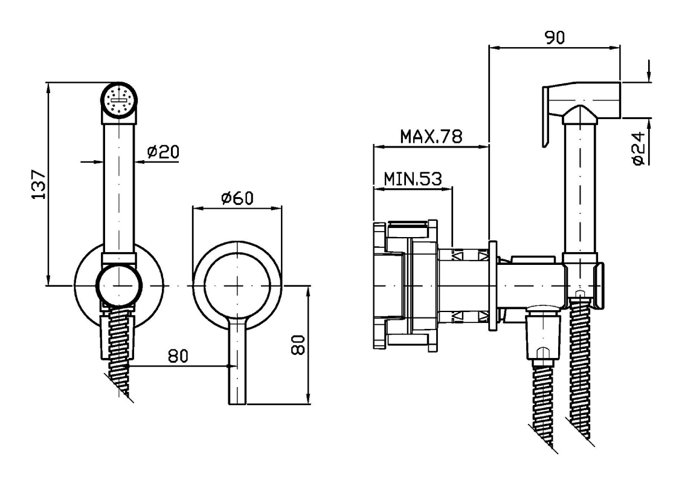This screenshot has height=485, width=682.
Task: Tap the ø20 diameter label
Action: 161,152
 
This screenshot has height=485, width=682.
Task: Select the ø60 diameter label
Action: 236,198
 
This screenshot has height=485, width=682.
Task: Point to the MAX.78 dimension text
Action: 431,137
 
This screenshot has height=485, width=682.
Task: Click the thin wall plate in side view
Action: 492,284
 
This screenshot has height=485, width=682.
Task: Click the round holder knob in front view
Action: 119,285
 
